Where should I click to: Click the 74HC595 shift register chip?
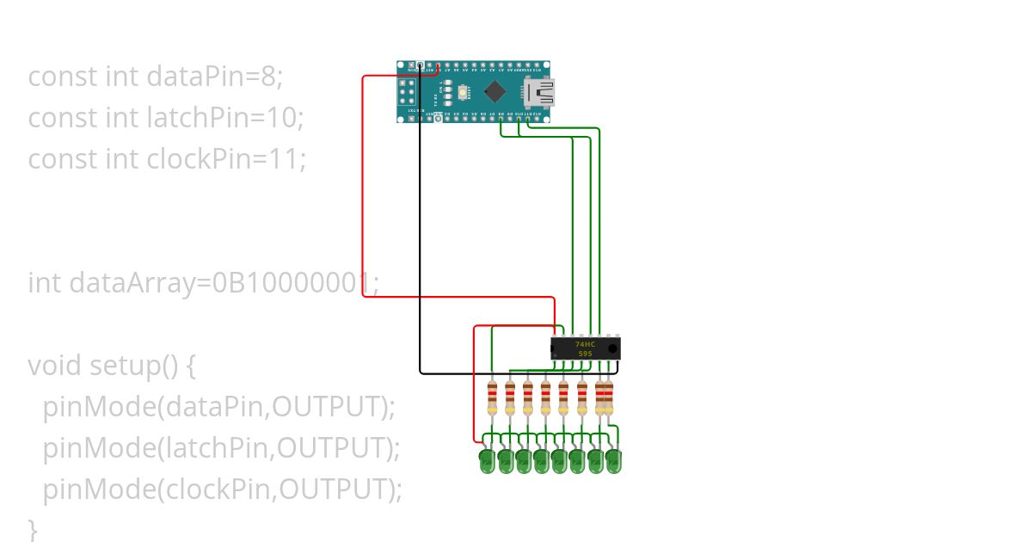(585, 348)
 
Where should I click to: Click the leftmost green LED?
(487, 461)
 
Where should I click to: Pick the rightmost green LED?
(613, 461)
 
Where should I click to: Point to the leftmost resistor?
(492, 397)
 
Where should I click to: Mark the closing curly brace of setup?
(34, 527)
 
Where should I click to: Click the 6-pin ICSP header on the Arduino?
(407, 91)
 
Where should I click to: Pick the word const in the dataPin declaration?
(63, 77)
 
